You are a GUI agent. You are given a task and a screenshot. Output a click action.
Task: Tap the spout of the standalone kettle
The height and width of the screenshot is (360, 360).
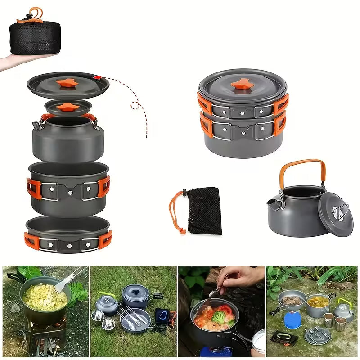point(273,203)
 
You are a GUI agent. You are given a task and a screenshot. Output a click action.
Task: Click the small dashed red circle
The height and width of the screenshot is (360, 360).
point(135,106)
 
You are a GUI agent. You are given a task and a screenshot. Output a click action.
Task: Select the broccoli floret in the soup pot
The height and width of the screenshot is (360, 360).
point(219,318)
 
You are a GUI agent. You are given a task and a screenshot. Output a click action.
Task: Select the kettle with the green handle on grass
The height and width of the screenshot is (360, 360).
point(108,305)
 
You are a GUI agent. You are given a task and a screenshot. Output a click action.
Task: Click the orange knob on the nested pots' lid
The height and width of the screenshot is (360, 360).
point(242,84)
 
